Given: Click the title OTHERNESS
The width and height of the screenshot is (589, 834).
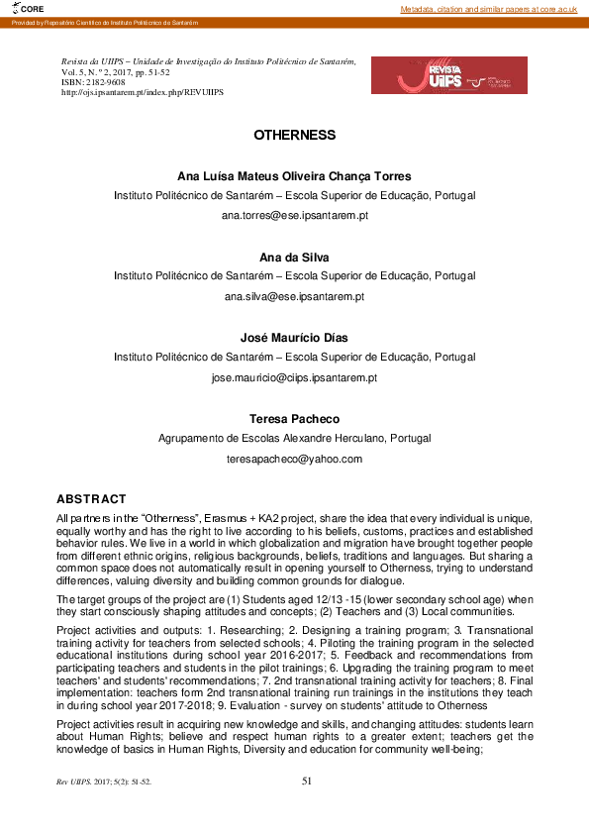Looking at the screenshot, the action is pos(294,135).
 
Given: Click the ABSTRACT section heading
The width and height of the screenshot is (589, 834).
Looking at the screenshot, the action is pos(91,498).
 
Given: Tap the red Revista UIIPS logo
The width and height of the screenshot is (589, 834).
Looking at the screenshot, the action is pos(448,75).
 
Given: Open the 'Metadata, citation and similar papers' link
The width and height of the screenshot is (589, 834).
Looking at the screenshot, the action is pos(488,8).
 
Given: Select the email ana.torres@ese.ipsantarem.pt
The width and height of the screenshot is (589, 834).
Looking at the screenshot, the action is pos(294,214).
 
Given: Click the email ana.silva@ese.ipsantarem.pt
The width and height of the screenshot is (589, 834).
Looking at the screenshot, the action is pos(294,296).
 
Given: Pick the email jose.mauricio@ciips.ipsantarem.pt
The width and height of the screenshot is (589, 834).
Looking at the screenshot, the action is pos(294,377).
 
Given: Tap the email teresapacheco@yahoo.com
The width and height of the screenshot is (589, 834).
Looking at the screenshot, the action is pos(294,459).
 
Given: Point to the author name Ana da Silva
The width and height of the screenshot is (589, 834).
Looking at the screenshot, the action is pos(294,256).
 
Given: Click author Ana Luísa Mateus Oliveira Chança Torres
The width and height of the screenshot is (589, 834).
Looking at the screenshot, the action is pos(294,175).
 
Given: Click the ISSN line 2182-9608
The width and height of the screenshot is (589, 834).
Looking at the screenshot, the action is pos(88,82).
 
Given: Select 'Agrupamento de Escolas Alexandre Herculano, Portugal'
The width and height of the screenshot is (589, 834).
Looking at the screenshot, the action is pos(294,438).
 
